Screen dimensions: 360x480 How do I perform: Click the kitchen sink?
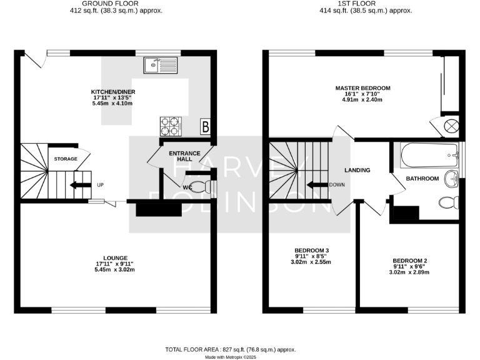[x=160, y=64]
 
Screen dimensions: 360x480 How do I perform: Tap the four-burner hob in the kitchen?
[x=169, y=126]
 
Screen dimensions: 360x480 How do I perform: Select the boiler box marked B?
[x=205, y=127]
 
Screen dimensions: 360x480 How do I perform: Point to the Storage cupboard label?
[x=65, y=159]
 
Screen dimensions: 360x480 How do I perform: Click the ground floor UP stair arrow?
[x=79, y=185]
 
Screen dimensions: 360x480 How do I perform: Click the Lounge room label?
[x=116, y=257]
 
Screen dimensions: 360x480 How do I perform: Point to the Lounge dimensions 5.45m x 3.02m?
[x=116, y=270]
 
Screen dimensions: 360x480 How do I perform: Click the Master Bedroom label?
[x=362, y=87]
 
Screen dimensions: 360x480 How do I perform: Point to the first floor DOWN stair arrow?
[x=319, y=185]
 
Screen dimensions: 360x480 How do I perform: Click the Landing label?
[x=357, y=170]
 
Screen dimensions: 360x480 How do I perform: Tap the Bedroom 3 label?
[x=312, y=250]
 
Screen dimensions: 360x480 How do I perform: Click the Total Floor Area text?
[x=230, y=349]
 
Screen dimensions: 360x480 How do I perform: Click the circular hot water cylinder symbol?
[x=451, y=126]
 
